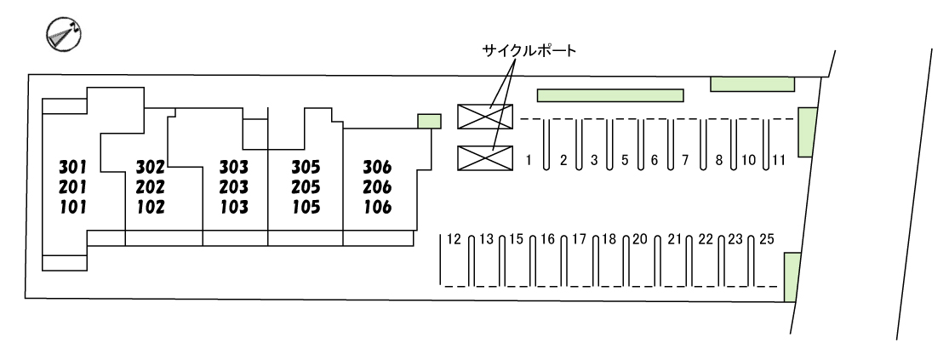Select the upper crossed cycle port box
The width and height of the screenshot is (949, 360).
485,117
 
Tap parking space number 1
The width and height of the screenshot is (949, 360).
529,159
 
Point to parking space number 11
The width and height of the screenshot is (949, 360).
779,159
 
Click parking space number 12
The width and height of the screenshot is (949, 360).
453,239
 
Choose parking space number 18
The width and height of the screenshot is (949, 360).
609,239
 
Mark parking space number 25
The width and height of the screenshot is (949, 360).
766,239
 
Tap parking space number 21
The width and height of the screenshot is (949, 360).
676,239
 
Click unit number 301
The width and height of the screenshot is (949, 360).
74,166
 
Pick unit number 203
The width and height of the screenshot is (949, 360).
233,187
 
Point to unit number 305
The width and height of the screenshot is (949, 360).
305,166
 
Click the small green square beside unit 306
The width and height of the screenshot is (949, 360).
429,121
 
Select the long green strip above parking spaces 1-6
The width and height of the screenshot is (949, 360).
609,95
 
